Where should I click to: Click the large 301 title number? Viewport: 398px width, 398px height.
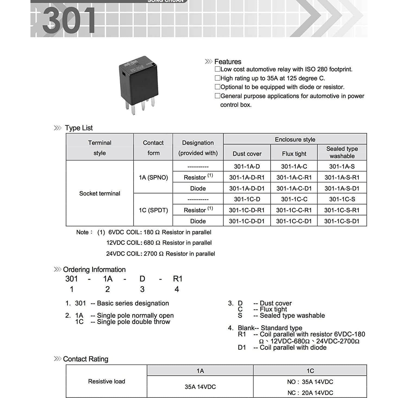[x=69, y=21]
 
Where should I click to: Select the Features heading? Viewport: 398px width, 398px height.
[x=228, y=62]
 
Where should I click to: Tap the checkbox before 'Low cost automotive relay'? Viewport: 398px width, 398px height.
[x=217, y=69]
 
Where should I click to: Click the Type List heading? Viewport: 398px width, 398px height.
[x=79, y=128]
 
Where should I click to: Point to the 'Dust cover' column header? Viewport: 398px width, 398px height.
[x=247, y=154]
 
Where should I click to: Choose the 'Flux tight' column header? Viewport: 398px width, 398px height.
[x=294, y=154]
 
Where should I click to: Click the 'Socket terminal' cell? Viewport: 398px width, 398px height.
[x=100, y=194]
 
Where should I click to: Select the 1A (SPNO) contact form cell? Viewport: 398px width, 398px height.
[x=153, y=178]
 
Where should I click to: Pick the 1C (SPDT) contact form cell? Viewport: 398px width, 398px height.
[x=153, y=210]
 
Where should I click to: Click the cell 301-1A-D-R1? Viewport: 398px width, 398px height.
[x=247, y=178]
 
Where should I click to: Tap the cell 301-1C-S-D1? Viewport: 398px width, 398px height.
[x=342, y=221]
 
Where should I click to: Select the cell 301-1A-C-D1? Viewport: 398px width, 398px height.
[x=294, y=188]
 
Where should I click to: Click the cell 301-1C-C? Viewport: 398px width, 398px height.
[x=294, y=199]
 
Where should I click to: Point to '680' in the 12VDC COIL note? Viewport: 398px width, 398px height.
[x=149, y=243]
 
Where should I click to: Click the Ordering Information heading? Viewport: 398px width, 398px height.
[x=94, y=270]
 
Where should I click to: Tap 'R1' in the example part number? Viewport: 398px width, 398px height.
[x=178, y=279]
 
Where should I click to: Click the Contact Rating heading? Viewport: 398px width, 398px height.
[x=85, y=359]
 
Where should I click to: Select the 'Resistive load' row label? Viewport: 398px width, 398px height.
[x=107, y=381]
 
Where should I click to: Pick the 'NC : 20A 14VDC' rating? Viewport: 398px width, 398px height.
[x=310, y=393]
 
